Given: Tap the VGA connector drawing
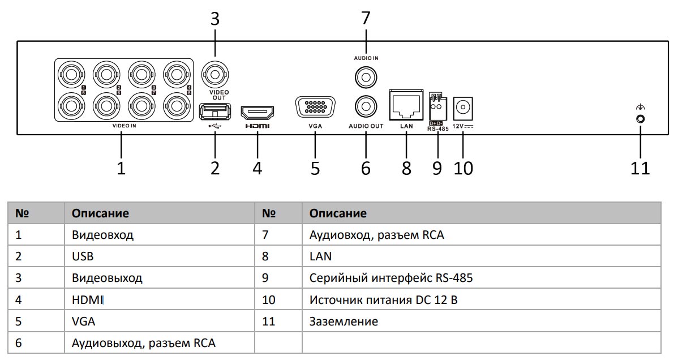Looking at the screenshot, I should (315, 108).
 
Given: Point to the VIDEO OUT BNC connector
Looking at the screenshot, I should (214, 74).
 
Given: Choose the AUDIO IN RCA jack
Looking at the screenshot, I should (366, 76).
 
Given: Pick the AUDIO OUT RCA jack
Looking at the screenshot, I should (366, 106).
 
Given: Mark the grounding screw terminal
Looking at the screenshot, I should (641, 119).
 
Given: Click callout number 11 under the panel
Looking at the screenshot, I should (641, 168).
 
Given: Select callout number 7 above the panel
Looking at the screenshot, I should (366, 18).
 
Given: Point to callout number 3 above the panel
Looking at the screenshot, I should (214, 19).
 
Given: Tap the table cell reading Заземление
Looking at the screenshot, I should (344, 322).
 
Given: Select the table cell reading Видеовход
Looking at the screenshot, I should (103, 235).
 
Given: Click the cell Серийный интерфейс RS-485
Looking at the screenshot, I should (391, 278).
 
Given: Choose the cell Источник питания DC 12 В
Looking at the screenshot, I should (383, 300).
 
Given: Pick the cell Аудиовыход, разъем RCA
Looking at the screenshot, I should (144, 343).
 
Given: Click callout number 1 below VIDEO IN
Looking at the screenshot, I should (121, 168).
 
